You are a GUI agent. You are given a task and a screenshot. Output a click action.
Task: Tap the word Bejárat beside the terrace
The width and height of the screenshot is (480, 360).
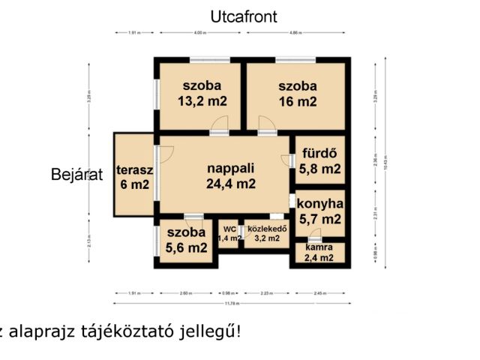(76, 175)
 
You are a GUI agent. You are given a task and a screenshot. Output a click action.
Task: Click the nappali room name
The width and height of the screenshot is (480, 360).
(231, 167)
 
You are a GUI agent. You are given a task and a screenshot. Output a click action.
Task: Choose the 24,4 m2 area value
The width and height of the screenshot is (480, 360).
(231, 183)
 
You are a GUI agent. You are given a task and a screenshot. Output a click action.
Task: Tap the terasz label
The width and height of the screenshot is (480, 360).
(135, 169)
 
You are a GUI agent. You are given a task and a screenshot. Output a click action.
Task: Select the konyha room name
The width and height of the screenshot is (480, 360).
(320, 203)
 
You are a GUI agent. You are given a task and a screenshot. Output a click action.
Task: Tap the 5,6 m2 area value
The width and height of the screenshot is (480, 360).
(185, 247)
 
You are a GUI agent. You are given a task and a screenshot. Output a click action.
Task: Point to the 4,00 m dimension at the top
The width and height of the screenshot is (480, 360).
(199, 33)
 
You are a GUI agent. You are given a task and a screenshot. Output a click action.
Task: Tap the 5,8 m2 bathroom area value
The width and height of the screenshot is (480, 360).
(320, 169)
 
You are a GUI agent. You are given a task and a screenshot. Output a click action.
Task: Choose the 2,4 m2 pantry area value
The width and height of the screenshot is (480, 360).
(319, 258)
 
